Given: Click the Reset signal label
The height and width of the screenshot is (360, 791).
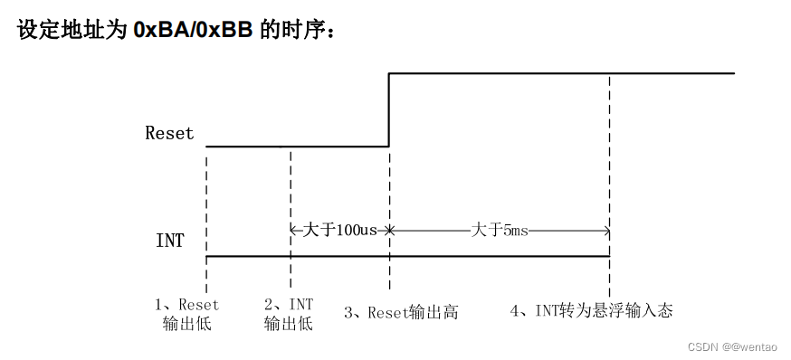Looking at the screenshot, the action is tap(169, 133).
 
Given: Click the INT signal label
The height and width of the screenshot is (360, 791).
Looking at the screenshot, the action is tap(170, 241).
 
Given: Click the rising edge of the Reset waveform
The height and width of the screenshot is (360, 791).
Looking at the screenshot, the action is tap(389, 109).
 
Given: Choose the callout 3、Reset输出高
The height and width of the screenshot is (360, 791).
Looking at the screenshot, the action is tap(401, 312).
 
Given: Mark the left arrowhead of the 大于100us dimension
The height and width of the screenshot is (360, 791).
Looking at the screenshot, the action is tap(294, 231).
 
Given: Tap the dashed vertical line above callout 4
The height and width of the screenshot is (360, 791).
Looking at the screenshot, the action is tap(609, 163).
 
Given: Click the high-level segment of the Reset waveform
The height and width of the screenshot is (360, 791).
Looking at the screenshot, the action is tap(561, 73).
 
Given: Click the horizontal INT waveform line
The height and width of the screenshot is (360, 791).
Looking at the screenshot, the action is tap(407, 256).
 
